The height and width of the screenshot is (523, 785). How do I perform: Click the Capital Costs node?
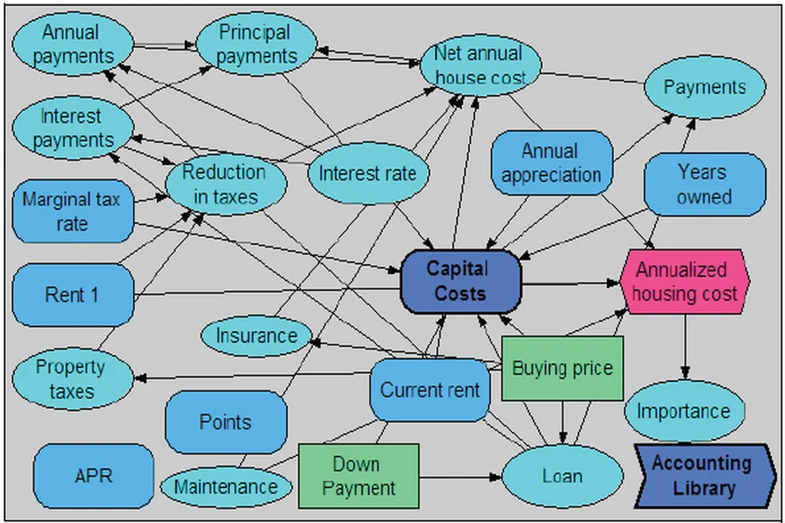(x=461, y=282)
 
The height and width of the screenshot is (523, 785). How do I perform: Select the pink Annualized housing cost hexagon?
(x=685, y=282)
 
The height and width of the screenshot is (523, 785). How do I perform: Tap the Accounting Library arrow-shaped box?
(x=703, y=476)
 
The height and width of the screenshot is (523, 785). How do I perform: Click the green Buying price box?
(x=562, y=369)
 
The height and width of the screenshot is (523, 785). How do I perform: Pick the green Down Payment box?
(x=358, y=476)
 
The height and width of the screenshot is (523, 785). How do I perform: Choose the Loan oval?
(x=563, y=476)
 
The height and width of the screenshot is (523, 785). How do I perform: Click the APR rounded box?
(x=92, y=476)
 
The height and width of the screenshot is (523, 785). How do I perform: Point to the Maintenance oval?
(x=225, y=486)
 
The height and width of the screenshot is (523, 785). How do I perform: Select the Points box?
(x=225, y=422)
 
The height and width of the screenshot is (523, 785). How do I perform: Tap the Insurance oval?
(x=256, y=335)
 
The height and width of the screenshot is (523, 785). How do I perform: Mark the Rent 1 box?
(x=72, y=295)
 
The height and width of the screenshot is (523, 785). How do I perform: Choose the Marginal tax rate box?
(x=72, y=212)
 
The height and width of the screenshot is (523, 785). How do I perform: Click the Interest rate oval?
(x=367, y=173)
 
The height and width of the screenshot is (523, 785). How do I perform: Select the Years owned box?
(x=704, y=184)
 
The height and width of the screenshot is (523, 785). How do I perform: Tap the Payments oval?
(x=705, y=87)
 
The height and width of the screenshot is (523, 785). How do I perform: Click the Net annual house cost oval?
(x=481, y=66)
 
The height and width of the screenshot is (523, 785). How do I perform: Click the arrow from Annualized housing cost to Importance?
(x=686, y=344)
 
